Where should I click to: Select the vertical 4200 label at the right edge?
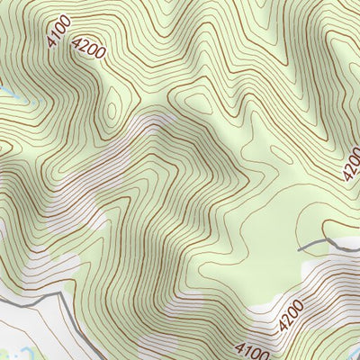(351, 162)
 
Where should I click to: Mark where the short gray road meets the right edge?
(358, 241)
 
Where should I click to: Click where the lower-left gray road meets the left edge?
(2, 301)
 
